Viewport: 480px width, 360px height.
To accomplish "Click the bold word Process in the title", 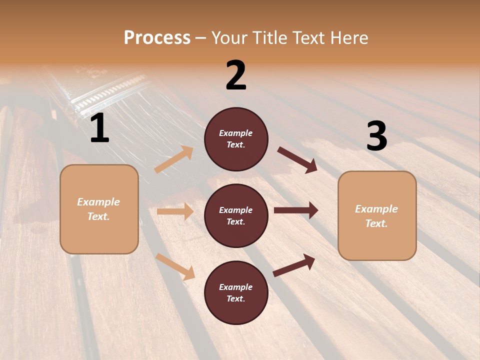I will (157, 38).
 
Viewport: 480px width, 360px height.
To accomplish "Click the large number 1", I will (99, 129).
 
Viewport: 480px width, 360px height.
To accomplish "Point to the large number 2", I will (236, 76).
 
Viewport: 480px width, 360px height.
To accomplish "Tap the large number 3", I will (376, 136).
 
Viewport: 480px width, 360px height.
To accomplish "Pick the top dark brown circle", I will (236, 139).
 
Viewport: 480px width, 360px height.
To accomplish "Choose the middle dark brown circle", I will (236, 215).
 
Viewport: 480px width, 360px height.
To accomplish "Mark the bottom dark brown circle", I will (236, 292).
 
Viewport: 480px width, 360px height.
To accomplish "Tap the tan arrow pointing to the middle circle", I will (175, 211).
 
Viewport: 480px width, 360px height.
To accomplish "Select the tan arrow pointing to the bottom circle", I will (175, 266).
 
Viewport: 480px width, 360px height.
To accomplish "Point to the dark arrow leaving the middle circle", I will (295, 210).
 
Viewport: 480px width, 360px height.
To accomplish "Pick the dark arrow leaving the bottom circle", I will (293, 265).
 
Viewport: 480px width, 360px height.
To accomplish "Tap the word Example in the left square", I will (98, 202).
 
